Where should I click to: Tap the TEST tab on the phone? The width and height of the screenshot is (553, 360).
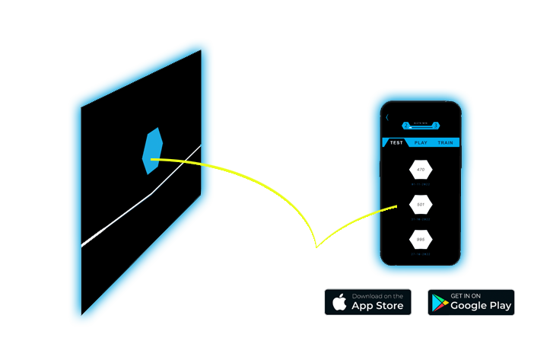coord(396,142)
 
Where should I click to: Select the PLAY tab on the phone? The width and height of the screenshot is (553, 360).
coord(421,142)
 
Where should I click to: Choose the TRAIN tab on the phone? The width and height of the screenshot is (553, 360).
coord(446,142)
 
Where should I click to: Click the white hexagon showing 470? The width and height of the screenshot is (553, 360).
coord(421,169)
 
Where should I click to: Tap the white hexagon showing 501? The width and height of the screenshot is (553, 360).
coord(421,205)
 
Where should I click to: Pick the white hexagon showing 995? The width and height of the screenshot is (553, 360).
coord(421,240)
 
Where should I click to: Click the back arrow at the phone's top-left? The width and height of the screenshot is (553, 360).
coord(387,117)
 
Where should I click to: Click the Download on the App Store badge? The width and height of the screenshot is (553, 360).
coord(368,302)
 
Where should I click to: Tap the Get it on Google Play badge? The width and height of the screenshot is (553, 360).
coord(471,302)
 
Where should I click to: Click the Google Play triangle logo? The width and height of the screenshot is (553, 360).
coord(440,303)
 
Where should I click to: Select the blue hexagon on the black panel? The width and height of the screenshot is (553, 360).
coord(151,151)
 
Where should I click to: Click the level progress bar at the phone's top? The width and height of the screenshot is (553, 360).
coord(421,121)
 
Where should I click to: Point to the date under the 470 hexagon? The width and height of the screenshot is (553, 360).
coord(421,183)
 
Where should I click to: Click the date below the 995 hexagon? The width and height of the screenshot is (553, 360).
coord(421,254)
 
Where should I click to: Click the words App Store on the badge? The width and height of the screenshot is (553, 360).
coord(379,306)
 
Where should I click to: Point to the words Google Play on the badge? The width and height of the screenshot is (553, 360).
coord(481,306)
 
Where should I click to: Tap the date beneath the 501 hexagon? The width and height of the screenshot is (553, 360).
coord(421,219)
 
